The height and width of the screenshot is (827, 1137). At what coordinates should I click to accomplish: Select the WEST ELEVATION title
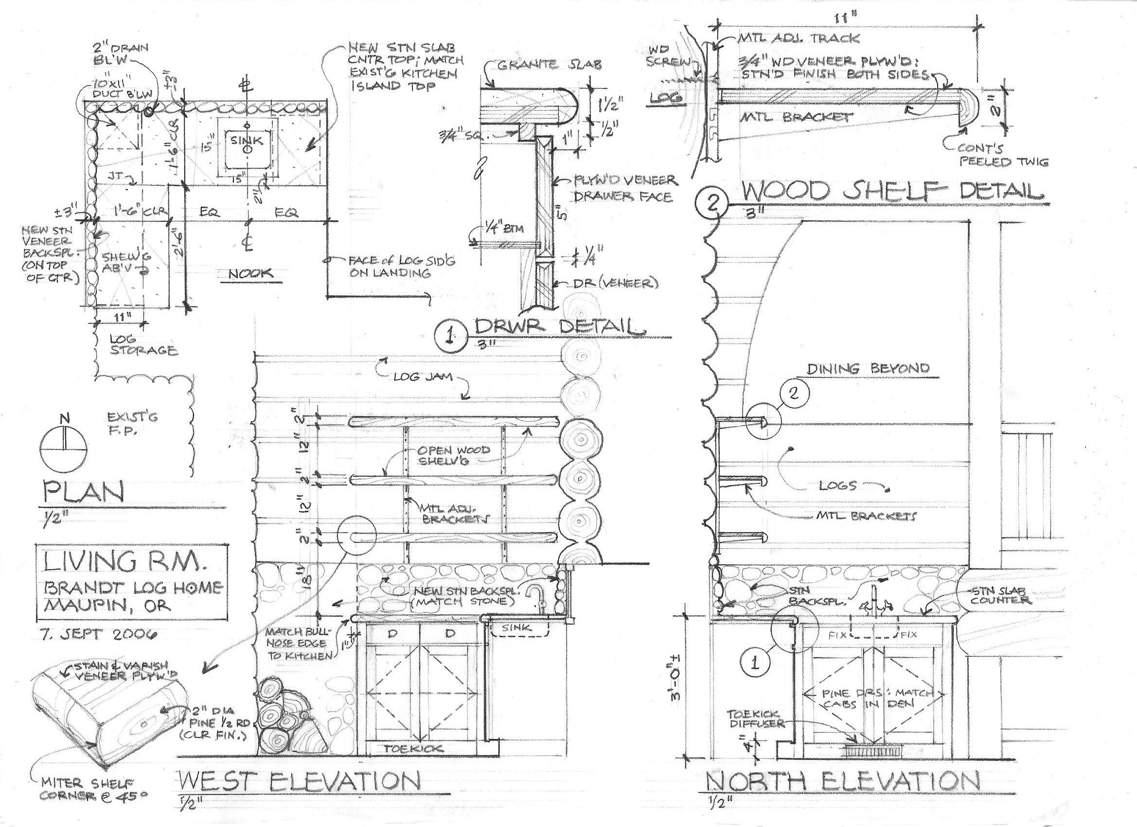299,782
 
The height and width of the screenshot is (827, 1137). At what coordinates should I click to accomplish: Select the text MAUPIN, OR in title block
108,605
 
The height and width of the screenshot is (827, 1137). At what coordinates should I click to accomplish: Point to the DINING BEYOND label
868,368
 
